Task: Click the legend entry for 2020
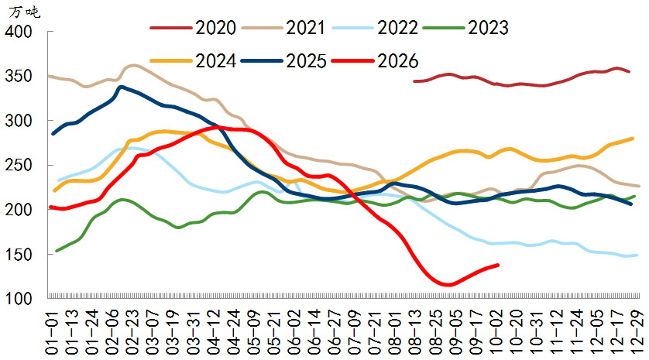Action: tap(194, 28)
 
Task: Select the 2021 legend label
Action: tap(284, 28)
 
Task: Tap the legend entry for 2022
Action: tap(375, 28)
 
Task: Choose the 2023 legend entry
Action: tap(465, 28)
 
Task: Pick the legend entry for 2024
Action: tap(194, 61)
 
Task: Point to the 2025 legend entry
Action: tap(284, 61)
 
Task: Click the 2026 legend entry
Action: tap(375, 61)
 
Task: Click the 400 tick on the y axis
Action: tap(19, 32)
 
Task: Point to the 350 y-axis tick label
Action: tap(19, 76)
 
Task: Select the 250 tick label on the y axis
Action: tap(19, 165)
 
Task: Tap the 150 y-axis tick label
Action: tap(19, 255)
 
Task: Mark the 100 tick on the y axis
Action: tap(19, 299)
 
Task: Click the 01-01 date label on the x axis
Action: tap(52, 331)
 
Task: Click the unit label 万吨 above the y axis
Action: tap(25, 12)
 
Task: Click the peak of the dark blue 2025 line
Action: tap(121, 87)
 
